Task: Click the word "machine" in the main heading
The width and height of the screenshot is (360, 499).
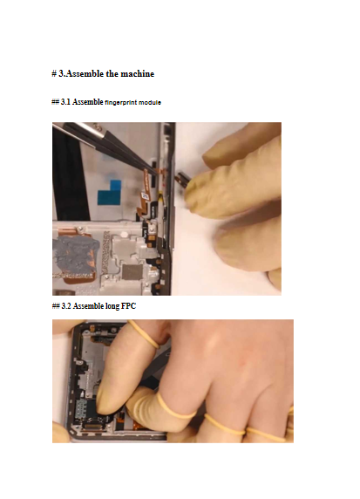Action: pos(137,74)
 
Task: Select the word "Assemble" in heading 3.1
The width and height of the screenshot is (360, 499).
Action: pos(88,102)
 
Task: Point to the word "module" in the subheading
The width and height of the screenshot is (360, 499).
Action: pos(150,102)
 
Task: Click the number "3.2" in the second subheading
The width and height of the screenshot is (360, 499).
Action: pos(66,306)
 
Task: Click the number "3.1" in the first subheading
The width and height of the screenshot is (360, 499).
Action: pos(66,102)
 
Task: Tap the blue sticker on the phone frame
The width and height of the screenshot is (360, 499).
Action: pos(110,192)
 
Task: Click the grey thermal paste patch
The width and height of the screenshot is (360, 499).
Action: pos(76,254)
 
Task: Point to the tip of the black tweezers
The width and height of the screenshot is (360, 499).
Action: pos(157,174)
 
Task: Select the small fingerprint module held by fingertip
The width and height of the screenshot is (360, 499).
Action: pos(182,179)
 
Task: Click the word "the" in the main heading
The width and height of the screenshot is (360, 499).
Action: pos(112,74)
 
